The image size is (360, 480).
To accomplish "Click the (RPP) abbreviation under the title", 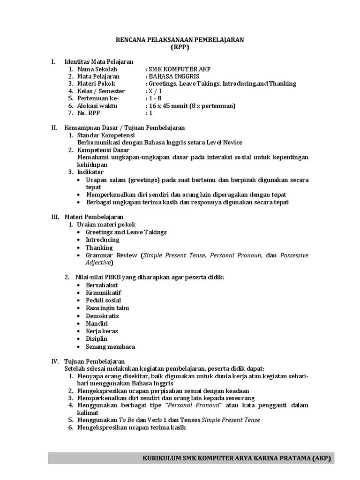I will pos(180,47).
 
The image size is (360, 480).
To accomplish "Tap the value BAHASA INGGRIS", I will pos(173,76).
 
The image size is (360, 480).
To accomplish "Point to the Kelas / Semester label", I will pos(101,91).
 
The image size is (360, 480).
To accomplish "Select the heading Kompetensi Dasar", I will pos(103,150).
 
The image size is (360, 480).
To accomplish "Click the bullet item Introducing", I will pos(103,240).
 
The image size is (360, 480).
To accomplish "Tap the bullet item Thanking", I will pos(99,247).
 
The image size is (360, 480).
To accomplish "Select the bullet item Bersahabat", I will pos(102,285).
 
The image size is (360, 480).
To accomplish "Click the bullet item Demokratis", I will pos(102,316).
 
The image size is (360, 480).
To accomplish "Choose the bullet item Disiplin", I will pos(97,338).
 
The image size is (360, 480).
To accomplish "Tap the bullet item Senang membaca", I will pos(110,346).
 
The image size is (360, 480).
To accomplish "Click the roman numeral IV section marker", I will pos(54,361).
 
